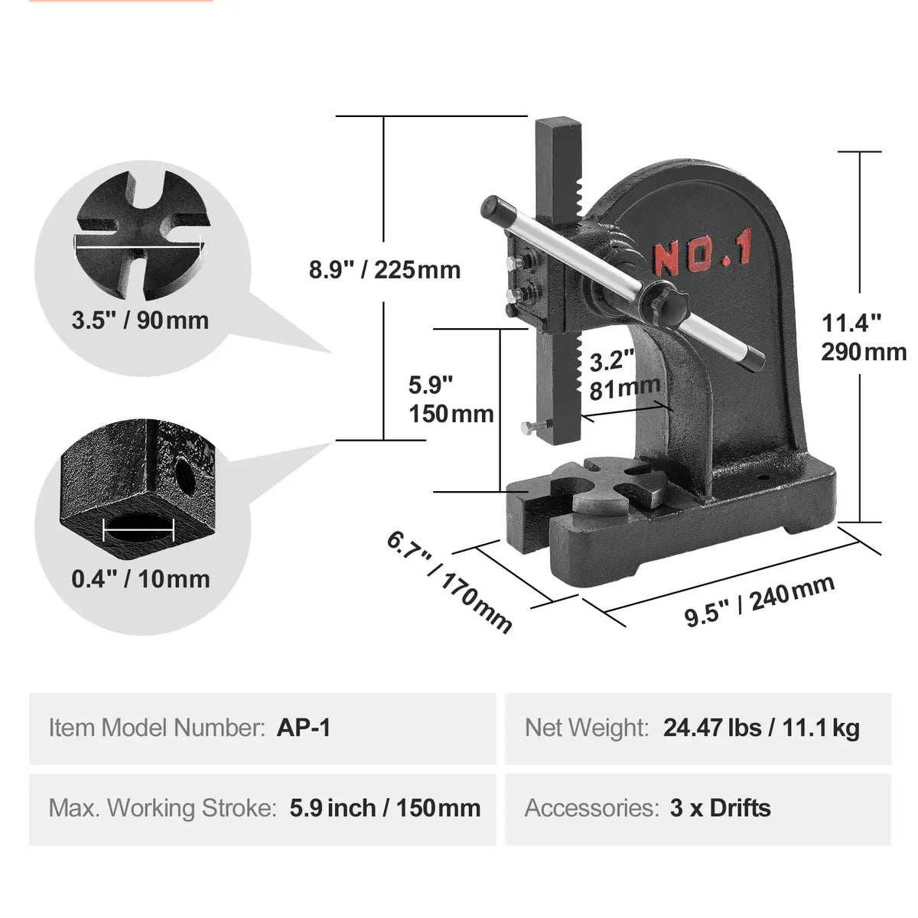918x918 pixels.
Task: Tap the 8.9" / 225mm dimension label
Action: pos(385,270)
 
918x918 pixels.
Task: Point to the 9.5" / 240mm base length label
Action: pos(759,601)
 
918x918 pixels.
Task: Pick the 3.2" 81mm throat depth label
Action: pos(623,375)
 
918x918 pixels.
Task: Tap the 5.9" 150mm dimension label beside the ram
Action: pos(451,399)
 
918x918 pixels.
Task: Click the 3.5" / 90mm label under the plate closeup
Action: pos(140,320)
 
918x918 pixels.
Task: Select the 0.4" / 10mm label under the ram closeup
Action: pos(140,578)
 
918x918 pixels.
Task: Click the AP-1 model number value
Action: pos(304,728)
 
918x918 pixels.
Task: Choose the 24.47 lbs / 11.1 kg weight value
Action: pos(761,728)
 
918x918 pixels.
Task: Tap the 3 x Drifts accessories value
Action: pos(720,808)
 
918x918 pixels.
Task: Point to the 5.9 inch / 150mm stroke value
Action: pos(385,808)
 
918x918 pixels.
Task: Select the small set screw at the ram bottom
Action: pos(528,428)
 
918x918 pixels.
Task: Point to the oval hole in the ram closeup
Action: pos(138,529)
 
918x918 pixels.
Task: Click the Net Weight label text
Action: pos(587,728)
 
